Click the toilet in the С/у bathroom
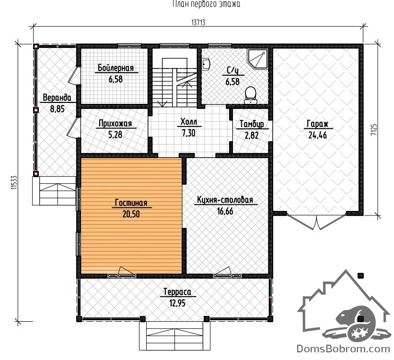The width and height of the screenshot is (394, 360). coord(251,95)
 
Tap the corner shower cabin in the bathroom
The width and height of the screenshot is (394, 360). coord(257,59)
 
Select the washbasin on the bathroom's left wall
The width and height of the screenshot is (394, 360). coord(206,64)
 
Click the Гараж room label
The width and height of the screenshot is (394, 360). coord(318,124)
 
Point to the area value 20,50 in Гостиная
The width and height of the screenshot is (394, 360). coord(131,214)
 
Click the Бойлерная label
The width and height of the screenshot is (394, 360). coord(116,68)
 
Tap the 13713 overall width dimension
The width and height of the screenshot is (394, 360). coord(198,22)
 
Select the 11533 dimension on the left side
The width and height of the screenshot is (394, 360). coord(14,182)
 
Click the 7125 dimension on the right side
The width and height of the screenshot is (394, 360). coord(374,130)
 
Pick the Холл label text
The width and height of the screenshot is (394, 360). coord(189,122)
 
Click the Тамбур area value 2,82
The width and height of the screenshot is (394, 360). coord(252,135)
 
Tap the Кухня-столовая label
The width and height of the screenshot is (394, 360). coord(225,200)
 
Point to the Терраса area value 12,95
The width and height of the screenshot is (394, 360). coord(177,303)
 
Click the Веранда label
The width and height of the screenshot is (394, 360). coord(57,98)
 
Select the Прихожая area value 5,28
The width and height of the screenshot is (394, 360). coord(116,135)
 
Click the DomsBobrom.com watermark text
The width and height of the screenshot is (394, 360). coord(344,349)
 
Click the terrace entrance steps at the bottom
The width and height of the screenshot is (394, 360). coord(174,336)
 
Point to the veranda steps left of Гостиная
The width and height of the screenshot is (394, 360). coord(54,191)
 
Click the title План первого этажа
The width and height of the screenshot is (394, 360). coord(206,4)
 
